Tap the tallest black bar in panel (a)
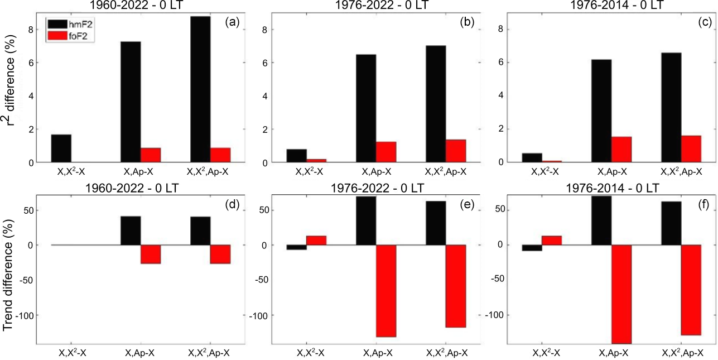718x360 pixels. [200, 89]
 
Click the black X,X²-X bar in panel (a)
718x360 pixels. [61, 148]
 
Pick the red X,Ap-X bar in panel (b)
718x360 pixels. [386, 152]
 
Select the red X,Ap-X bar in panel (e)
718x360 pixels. [386, 291]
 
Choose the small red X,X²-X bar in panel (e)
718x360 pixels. [316, 241]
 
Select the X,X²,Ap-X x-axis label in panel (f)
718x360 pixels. [681, 353]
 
